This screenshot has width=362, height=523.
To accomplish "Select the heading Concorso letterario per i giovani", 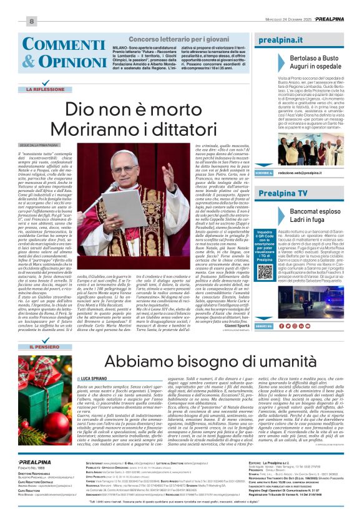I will (x=172, y=39).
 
